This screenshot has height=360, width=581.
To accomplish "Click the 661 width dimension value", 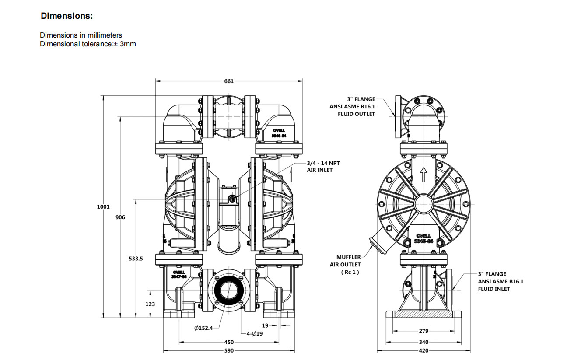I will (229, 81).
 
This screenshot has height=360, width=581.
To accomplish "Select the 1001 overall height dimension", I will (103, 207).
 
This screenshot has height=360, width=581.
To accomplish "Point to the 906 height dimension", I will (120, 217).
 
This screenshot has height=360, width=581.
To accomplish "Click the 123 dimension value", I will (150, 304).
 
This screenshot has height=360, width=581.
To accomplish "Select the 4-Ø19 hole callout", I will (254, 333).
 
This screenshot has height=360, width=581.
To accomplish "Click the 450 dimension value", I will (229, 342).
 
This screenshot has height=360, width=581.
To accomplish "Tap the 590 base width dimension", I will (229, 351).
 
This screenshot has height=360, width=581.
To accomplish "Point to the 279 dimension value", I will (423, 331).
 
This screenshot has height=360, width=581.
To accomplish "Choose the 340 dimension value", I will (423, 342).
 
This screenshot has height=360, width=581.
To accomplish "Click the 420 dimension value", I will (423, 351).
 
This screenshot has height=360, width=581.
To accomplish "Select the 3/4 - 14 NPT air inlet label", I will (323, 166).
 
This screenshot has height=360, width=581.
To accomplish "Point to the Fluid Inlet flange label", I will (500, 281).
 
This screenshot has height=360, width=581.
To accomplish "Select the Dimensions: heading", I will (67, 16).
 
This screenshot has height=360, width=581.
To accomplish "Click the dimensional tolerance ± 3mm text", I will (87, 44).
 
